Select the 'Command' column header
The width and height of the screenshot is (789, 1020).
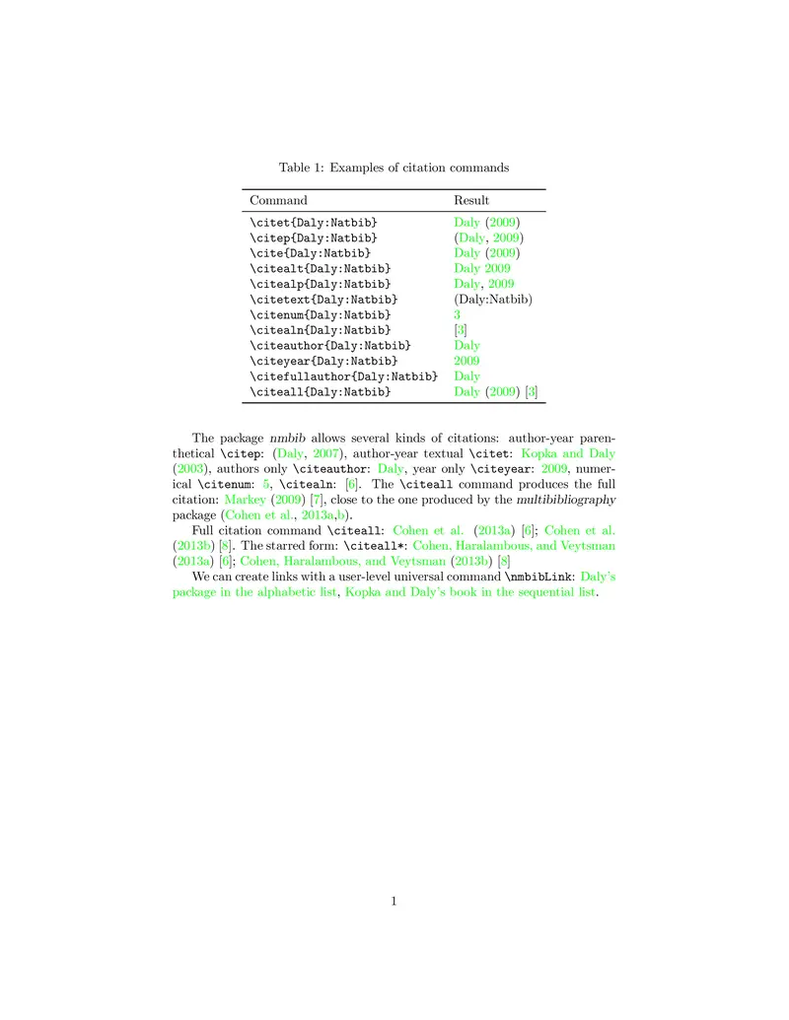coord(278,200)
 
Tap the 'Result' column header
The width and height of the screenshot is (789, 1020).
coord(471,200)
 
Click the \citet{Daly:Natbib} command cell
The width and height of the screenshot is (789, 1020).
coord(313,223)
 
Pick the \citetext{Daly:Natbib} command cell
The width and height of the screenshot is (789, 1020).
coord(323,299)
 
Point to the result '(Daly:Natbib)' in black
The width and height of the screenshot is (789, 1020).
coord(493,299)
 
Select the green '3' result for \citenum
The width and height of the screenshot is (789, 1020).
coord(458,314)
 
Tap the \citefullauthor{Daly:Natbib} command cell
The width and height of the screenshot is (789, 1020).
coord(343,376)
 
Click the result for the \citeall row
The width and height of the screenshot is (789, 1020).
coord(495,392)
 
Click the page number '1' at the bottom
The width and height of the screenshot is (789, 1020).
coord(394,900)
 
